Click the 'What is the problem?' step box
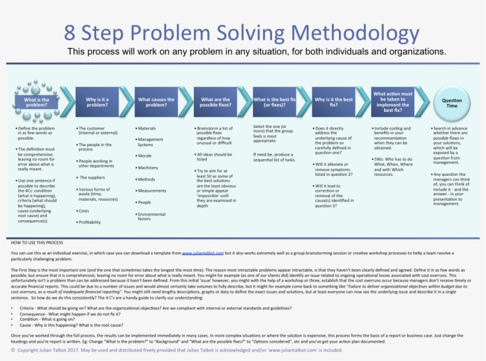[x=37, y=103]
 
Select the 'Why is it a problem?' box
[x=97, y=103]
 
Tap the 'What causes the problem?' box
[x=156, y=103]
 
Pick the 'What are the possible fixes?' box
[x=216, y=103]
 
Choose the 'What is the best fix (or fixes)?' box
[x=274, y=103]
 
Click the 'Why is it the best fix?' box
[x=334, y=103]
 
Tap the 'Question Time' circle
[x=452, y=103]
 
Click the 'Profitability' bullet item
[x=89, y=222]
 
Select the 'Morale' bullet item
[x=145, y=156]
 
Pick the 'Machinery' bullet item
[x=148, y=167]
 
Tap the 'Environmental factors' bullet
[x=152, y=217]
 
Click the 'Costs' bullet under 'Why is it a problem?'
[x=84, y=211]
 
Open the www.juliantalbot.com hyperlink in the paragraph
[x=202, y=253]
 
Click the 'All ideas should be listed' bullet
[x=215, y=157]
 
